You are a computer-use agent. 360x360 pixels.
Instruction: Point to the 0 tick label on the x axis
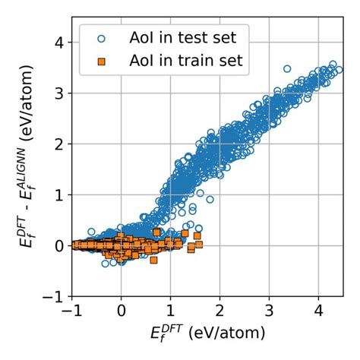(121, 311)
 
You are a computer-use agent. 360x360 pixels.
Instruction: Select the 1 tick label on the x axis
(170, 311)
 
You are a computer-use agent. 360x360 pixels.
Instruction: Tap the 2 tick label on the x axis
(219, 311)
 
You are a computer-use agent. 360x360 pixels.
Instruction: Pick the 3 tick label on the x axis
(269, 311)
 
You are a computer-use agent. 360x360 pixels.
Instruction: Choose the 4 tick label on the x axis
(318, 311)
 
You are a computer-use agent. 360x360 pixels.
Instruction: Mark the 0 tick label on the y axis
(61, 245)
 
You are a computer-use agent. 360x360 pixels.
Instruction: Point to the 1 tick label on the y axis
(61, 194)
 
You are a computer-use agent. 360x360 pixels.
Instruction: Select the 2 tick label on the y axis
(61, 144)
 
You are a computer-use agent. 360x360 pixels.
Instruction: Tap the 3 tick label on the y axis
(61, 93)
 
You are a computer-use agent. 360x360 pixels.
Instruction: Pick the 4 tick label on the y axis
(61, 43)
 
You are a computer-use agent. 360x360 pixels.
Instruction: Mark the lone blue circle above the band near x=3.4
(286, 69)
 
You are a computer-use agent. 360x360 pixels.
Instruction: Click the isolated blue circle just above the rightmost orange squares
(199, 227)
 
